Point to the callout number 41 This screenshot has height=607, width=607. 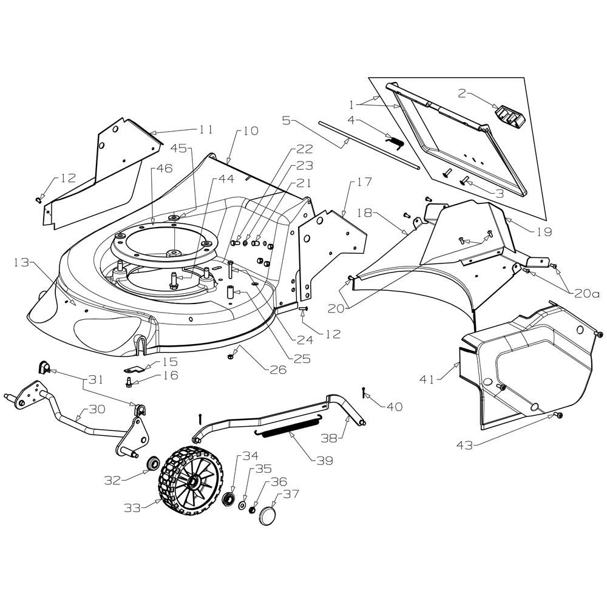point(427,379)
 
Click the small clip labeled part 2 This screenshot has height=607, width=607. point(509,116)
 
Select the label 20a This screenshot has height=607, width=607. point(586,294)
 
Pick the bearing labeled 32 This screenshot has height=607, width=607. point(154,463)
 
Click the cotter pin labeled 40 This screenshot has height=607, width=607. point(364,392)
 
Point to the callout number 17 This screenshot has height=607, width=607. point(363,181)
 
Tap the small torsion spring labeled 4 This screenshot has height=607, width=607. point(395,142)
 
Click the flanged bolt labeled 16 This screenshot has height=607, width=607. point(129,382)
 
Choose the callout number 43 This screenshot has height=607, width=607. point(465,445)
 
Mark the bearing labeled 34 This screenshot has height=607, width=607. point(228,498)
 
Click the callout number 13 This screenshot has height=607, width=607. point(21,262)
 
